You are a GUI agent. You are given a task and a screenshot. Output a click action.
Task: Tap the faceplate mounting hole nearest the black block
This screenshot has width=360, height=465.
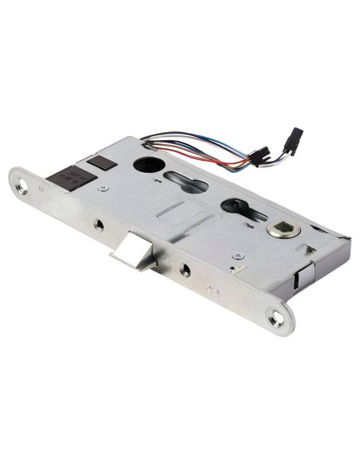pyautogui.click(x=23, y=188)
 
